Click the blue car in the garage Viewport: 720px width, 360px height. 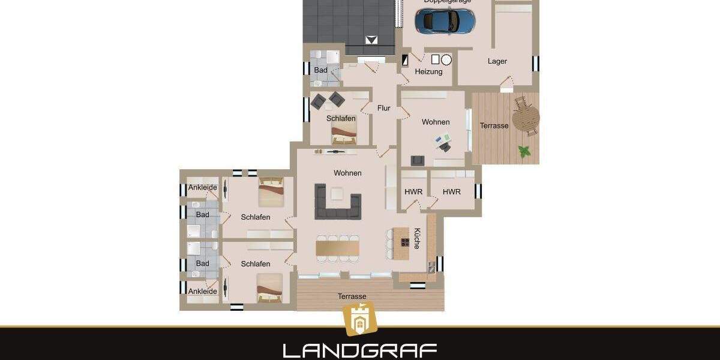[449, 21]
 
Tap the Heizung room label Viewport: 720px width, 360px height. [428, 72]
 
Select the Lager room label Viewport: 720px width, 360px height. [497, 61]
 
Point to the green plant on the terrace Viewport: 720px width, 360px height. [525, 151]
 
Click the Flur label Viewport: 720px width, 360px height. [384, 109]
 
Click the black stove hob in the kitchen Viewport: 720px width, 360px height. [405, 243]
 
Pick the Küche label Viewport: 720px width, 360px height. [416, 239]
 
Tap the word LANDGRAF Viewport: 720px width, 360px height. [359, 350]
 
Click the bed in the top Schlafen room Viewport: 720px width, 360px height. [344, 137]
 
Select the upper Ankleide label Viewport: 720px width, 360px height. [202, 188]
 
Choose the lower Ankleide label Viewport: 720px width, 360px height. [202, 292]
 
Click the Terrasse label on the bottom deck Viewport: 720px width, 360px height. [352, 296]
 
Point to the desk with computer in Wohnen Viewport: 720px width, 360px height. [444, 143]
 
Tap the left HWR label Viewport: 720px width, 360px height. [413, 192]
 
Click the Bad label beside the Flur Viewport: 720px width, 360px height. [321, 70]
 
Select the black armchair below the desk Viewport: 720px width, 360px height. [417, 160]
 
